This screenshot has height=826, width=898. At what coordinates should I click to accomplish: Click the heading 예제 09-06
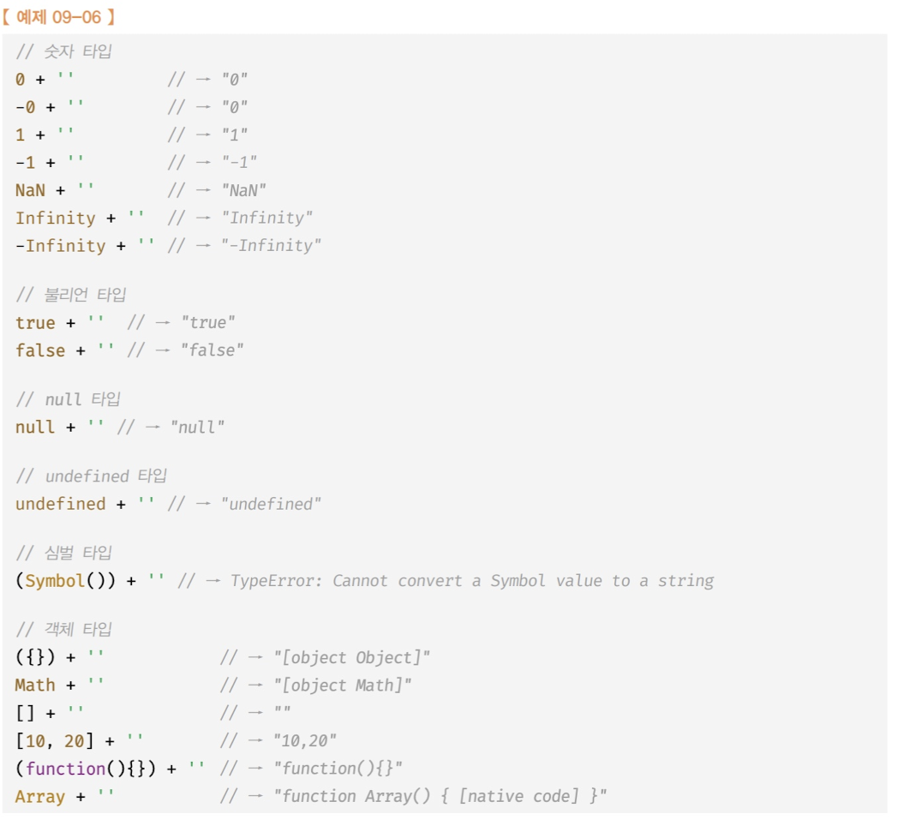[59, 15]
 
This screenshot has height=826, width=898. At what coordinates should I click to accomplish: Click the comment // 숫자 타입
[63, 51]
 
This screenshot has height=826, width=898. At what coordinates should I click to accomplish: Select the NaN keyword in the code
[30, 190]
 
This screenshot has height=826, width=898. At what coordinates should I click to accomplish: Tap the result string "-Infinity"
[272, 246]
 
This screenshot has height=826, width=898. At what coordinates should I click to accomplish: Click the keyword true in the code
[35, 323]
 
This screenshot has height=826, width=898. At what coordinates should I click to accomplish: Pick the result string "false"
[212, 350]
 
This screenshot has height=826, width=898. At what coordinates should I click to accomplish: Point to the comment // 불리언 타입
[71, 295]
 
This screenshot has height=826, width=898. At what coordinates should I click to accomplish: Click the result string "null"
[196, 427]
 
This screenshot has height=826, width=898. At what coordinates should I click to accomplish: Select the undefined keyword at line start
[60, 504]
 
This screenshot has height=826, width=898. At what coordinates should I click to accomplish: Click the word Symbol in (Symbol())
[55, 581]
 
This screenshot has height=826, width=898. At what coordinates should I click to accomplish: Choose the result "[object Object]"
[351, 658]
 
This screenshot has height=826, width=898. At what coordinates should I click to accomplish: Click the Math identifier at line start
[35, 685]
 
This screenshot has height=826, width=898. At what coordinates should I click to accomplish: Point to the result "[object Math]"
[342, 685]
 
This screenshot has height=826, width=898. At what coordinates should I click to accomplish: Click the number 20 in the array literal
[75, 740]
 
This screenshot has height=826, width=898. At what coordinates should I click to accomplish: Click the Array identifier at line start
[40, 796]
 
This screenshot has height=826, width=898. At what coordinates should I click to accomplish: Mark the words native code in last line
[522, 796]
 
